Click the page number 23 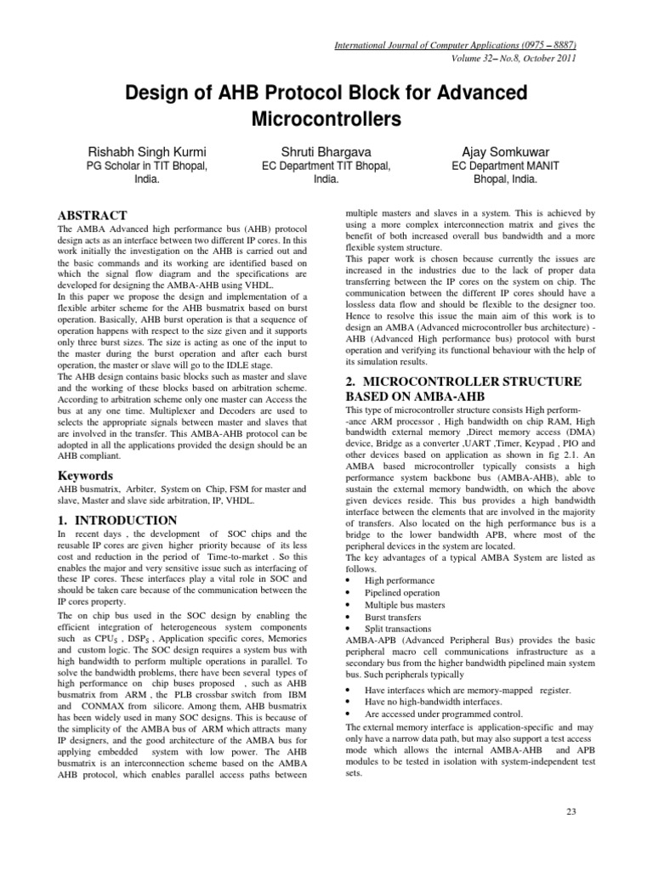tap(571, 812)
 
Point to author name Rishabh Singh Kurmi tap(148, 150)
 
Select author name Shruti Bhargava tap(326, 150)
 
